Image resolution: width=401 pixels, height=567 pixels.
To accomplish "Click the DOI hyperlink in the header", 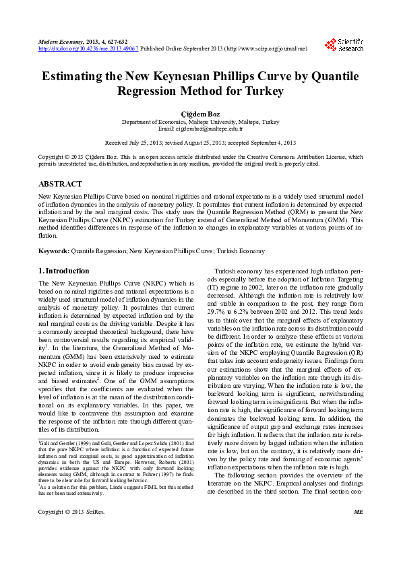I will click(x=89, y=48).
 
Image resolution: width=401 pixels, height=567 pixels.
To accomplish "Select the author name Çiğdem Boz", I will click(x=200, y=113).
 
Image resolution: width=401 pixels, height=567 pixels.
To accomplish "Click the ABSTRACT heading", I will click(x=61, y=183).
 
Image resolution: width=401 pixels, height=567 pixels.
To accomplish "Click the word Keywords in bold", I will click(x=53, y=251).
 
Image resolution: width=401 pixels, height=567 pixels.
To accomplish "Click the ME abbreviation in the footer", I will click(x=358, y=549).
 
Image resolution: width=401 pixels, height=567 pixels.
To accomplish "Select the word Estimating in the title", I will click(x=74, y=76).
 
